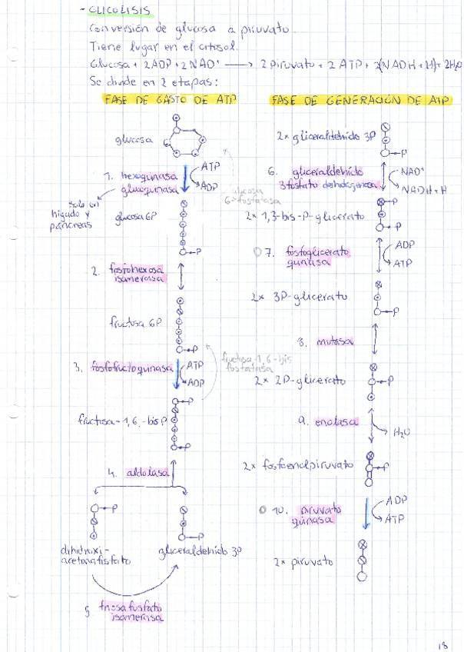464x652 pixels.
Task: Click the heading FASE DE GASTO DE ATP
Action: coord(168,100)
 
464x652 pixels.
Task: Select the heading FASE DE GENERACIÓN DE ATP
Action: coord(357,101)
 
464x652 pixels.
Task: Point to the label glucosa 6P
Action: coord(137,218)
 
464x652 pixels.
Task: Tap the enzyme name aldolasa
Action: coord(142,474)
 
